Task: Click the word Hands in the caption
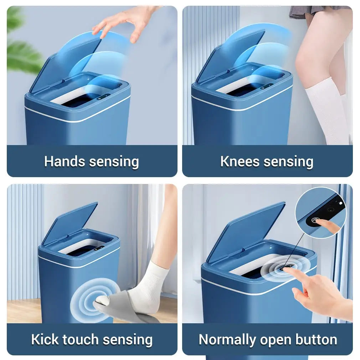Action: (65, 161)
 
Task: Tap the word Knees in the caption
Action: (240, 161)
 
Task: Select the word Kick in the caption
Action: (45, 339)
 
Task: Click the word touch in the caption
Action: (81, 339)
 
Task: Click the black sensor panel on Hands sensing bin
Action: (103, 97)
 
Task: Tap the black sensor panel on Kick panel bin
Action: (99, 248)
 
